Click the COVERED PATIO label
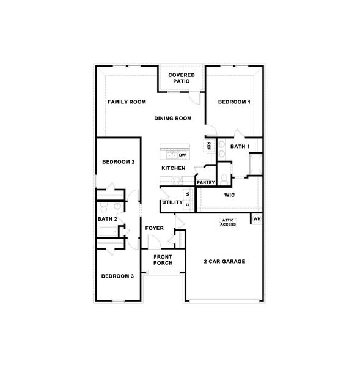point(182,78)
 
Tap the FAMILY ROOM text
point(127,102)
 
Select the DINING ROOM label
point(173,119)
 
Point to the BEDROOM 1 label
point(235,102)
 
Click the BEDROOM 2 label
point(118,162)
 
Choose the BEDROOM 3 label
point(117,276)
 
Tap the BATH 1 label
point(240,147)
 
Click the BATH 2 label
point(108,219)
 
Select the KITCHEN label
point(173,168)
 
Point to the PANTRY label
point(205,182)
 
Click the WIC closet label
point(230,196)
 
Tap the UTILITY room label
point(172,202)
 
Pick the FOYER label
point(154,228)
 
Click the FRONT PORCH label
point(163,260)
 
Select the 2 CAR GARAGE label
point(224,261)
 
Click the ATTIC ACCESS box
point(228,223)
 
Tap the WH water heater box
point(257,219)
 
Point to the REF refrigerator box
point(209,146)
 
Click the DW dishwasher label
point(182,155)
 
